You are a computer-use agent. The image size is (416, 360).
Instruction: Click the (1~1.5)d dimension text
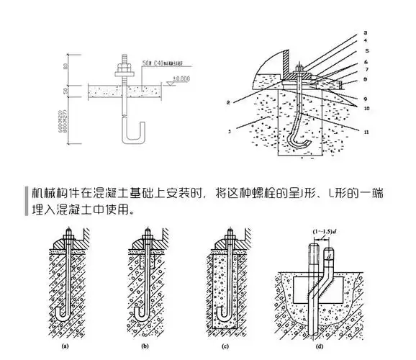point(324,231)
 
